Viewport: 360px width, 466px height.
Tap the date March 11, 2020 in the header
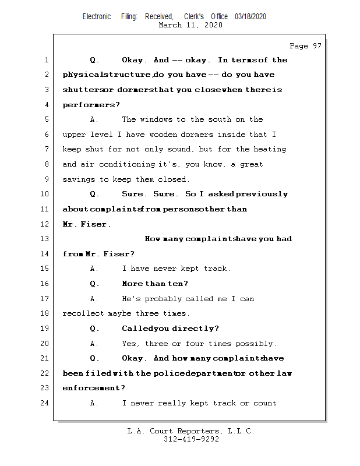190,25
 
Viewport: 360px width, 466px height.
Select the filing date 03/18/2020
250,16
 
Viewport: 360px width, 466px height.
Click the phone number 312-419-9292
191,439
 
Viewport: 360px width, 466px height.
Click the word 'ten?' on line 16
178,284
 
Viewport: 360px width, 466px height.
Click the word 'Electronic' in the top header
97,16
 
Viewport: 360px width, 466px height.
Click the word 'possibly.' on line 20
258,344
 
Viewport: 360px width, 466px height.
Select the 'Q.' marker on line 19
94,329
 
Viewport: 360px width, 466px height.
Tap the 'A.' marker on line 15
94,269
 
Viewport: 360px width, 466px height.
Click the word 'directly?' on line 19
196,329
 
